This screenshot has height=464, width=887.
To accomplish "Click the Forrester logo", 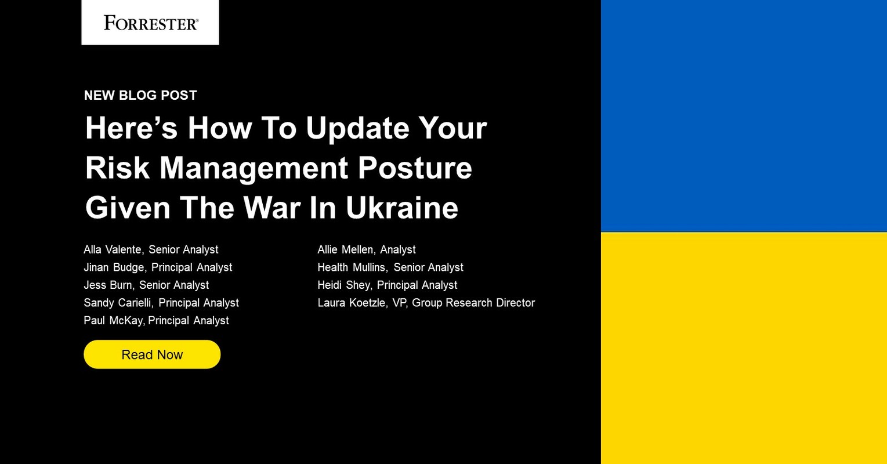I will tap(151, 23).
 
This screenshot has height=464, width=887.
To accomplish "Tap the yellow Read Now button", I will tap(152, 354).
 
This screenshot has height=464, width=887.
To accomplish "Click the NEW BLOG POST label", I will tap(140, 95).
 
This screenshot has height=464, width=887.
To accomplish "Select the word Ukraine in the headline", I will tap(402, 208).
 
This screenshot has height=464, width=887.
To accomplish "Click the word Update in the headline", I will tap(357, 128).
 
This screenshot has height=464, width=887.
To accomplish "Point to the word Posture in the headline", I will tap(415, 168).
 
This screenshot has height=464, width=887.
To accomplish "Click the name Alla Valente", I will tap(113, 249).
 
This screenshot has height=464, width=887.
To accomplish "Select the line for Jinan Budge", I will tap(158, 267).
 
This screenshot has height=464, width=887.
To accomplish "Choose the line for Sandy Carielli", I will tap(161, 303).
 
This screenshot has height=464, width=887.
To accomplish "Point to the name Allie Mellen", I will tap(346, 249).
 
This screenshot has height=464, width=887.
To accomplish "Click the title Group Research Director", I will tap(473, 303).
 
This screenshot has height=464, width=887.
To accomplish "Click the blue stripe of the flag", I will tap(744, 116).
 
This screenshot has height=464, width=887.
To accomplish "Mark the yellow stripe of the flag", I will tap(744, 348).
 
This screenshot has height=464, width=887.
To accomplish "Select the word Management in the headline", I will tap(254, 168).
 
